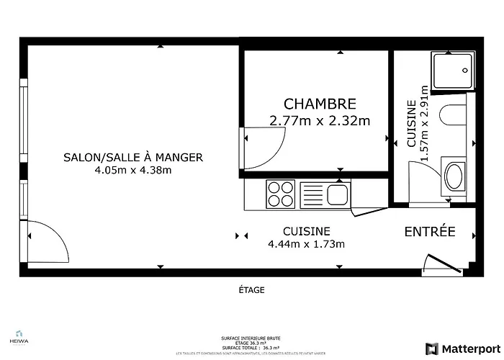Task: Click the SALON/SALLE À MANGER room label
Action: (133, 157)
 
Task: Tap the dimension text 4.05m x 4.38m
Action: (133, 171)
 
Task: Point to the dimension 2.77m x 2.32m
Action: (320, 121)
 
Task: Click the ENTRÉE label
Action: (430, 231)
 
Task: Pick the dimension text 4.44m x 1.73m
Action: (307, 244)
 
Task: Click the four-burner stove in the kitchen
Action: (281, 194)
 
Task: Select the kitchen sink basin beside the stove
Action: (336, 194)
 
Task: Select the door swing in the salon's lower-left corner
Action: (47, 243)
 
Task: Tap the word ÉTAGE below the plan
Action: (252, 290)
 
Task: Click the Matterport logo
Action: (461, 348)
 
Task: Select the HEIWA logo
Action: (16, 336)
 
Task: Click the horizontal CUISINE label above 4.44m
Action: (307, 231)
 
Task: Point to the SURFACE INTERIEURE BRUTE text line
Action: (251, 338)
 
